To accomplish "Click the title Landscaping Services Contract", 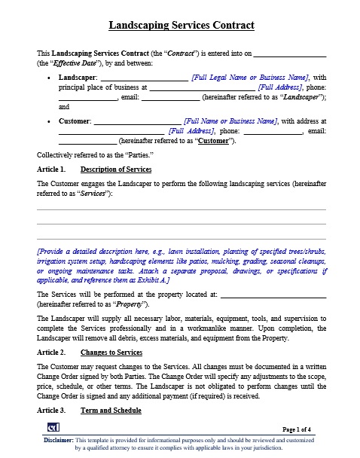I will (x=181, y=26).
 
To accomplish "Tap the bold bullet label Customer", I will (x=75, y=121).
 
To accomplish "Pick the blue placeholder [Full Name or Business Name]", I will (x=229, y=121).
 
